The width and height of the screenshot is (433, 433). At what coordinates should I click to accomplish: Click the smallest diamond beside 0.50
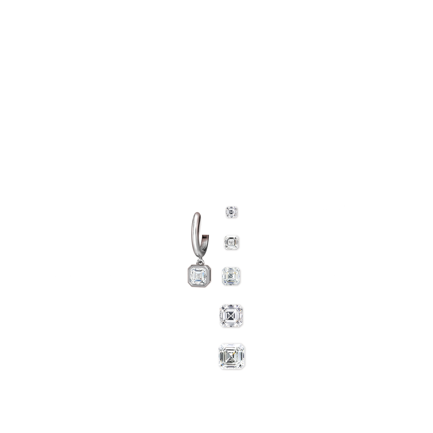coord(231,212)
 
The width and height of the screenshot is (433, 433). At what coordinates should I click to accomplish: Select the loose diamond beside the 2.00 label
coord(232,276)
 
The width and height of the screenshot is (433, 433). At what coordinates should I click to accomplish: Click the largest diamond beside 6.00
coord(232,356)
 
